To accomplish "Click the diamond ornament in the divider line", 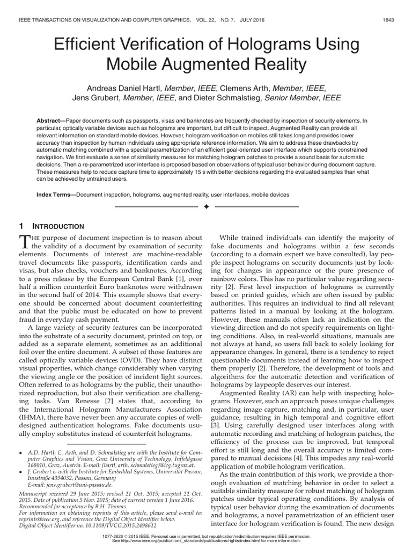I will [x=206, y=206].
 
